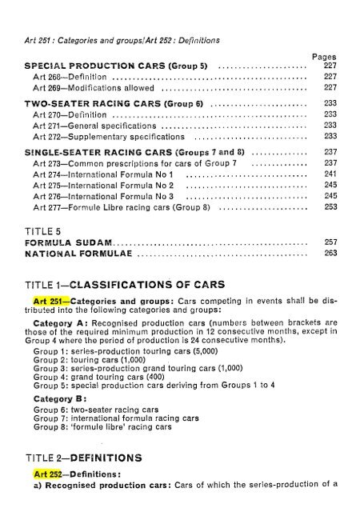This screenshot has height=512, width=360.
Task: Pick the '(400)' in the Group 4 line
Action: click(138, 374)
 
